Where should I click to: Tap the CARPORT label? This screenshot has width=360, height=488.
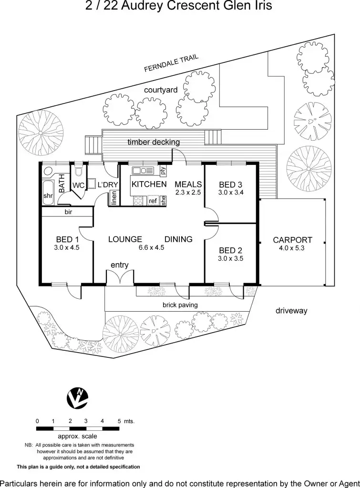pos(292,240)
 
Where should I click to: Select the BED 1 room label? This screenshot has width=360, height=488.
pos(67,239)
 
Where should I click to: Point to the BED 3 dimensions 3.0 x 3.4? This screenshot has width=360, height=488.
pos(231,193)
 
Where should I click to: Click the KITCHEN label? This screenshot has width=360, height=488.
pos(149,184)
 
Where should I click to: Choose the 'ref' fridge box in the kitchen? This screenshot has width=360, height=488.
pos(153,201)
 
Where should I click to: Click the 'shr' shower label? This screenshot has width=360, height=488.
pos(48,196)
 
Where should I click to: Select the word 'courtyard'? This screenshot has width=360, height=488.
pos(161,90)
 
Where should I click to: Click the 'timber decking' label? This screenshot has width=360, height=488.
pos(154,142)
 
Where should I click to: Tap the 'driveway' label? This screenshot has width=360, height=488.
pos(291,311)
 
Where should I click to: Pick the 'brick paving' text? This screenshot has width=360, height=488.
pos(180,305)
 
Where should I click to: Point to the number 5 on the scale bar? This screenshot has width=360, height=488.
pos(119,421)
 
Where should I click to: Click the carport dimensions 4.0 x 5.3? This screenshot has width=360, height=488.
pos(292,248)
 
